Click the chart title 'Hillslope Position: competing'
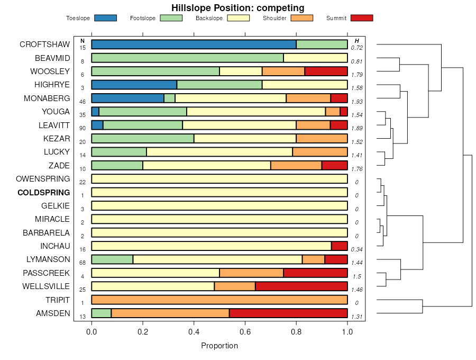pos(237,8)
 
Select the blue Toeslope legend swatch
pos(105,18)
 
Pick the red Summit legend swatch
pos(361,18)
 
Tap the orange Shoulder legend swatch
pos(302,18)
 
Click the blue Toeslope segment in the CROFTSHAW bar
pos(194,44)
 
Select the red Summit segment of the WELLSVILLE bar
pos(301,286)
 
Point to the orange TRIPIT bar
pos(219,300)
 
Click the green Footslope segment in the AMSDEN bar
pos(101,313)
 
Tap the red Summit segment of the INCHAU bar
pos(339,246)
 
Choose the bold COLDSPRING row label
pos(43,192)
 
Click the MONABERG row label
pos(47,98)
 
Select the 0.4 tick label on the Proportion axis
pos(194,332)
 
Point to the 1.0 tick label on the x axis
pos(347,332)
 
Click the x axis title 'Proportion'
pos(219,346)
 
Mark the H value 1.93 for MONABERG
pos(357,102)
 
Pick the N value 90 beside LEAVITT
pos(83,128)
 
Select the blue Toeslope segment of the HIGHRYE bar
pos(134,85)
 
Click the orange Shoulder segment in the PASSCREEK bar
pos(251,273)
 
